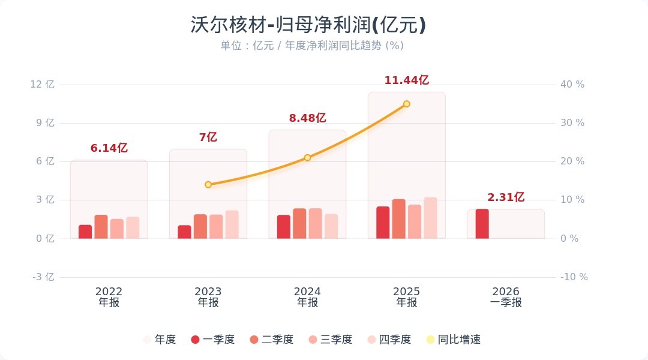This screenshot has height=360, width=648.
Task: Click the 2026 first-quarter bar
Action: click(482, 224)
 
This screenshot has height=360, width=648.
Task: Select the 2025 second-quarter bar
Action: click(399, 219)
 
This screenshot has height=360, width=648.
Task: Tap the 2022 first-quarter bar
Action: click(85, 232)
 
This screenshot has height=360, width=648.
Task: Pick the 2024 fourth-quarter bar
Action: click(331, 226)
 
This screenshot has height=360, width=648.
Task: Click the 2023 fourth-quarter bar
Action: click(232, 224)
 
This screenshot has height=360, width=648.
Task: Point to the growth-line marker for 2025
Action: click(406, 104)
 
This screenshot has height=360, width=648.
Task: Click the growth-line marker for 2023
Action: click(208, 185)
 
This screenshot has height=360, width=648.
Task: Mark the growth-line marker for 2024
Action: click(307, 158)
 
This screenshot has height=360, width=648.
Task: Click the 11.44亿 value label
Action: click(406, 80)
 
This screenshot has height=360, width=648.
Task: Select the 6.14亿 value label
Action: click(109, 148)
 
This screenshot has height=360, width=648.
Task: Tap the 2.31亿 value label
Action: click(506, 197)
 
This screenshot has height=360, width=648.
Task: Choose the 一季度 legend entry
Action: click(212, 340)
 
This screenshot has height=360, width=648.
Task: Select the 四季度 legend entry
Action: click(389, 340)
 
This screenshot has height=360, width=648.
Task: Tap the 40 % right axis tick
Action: click(572, 85)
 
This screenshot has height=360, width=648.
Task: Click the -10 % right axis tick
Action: click(574, 277)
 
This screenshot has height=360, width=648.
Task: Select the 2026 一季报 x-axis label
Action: click(506, 297)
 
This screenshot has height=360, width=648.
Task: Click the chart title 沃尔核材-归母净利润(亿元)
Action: click(308, 25)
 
